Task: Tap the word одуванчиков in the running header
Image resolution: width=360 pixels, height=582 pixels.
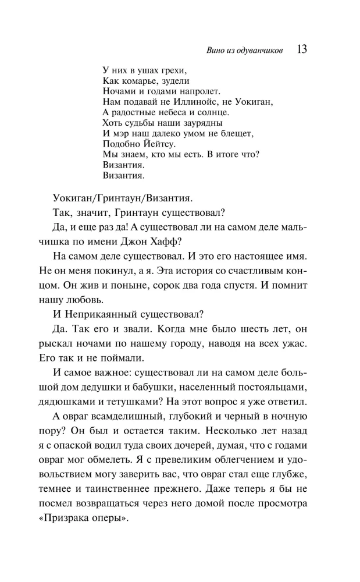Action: click(258, 51)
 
